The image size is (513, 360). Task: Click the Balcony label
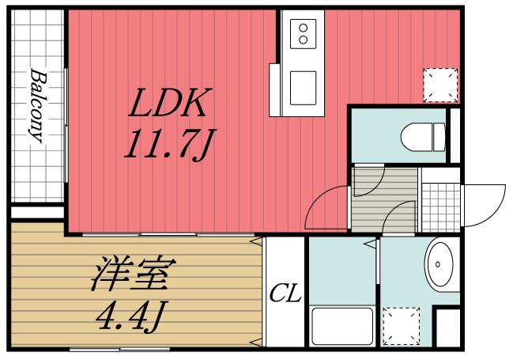coord(39,105)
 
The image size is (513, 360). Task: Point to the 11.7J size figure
coord(170,145)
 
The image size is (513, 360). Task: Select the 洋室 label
coord(134,274)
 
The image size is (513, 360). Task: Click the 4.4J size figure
coord(132,315)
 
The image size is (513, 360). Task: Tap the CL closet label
coord(285,294)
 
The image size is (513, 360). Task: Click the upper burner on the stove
coord(304,28)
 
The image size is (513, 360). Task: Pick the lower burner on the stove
coord(304,40)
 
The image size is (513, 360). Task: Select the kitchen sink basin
coord(303,88)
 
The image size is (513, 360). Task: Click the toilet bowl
coord(417,137)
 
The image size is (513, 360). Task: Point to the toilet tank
coord(439,137)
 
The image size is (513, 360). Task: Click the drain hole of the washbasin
coord(438,264)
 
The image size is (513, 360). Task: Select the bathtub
coord(342,326)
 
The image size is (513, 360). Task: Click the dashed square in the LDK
coord(440,85)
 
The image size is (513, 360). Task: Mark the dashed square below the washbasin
coord(401,326)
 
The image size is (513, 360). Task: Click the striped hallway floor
coord(385,200)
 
